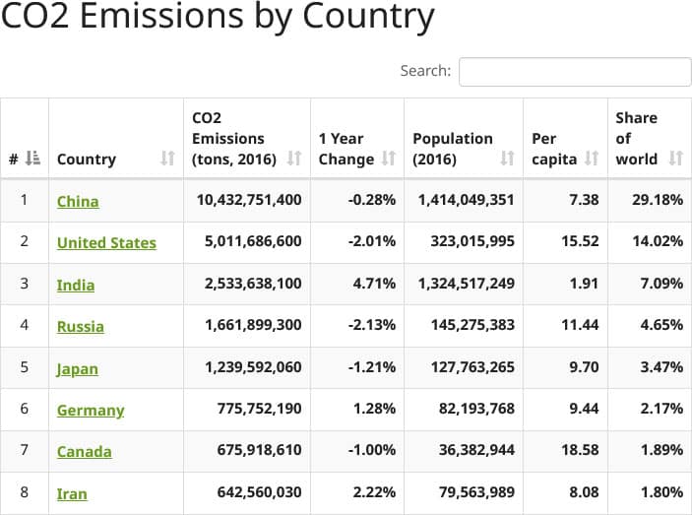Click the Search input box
click(575, 72)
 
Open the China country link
click(78, 201)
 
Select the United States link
click(106, 243)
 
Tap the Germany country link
click(91, 411)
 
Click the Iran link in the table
click(72, 494)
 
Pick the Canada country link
click(84, 452)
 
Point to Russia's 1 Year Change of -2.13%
click(372, 326)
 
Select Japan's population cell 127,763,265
click(466, 368)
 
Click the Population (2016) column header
click(453, 149)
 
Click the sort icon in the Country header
click(167, 159)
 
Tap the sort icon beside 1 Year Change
click(389, 159)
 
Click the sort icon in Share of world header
click(675, 159)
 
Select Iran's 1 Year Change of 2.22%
click(374, 492)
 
